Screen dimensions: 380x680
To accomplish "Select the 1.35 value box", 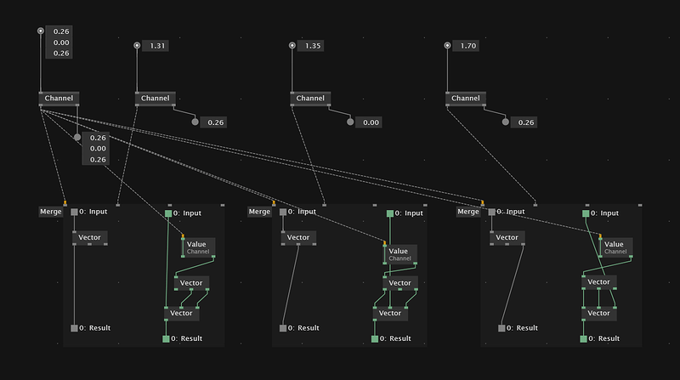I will click(x=313, y=46).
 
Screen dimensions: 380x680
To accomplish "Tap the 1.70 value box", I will click(x=467, y=46).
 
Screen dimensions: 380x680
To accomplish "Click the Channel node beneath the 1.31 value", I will click(x=155, y=99).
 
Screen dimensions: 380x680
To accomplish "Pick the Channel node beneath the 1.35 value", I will click(x=310, y=99).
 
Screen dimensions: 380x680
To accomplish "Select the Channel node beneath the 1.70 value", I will click(x=465, y=99).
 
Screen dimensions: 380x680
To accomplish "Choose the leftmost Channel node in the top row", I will click(x=59, y=99).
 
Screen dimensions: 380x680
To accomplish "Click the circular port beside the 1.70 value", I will click(x=447, y=46).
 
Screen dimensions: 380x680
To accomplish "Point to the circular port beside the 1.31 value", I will click(x=137, y=46).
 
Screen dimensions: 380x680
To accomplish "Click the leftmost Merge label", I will click(x=51, y=212).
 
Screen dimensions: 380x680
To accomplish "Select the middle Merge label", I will click(x=259, y=212).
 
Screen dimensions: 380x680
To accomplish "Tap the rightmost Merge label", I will click(x=468, y=212).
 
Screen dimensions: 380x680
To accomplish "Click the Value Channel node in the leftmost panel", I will click(x=197, y=247).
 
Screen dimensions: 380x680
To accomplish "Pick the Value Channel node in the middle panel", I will click(x=398, y=254).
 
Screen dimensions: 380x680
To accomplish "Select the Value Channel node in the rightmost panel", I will click(x=614, y=247).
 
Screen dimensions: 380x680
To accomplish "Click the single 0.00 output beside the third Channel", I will click(x=371, y=122).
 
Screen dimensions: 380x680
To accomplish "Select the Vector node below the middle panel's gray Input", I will click(x=298, y=238).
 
